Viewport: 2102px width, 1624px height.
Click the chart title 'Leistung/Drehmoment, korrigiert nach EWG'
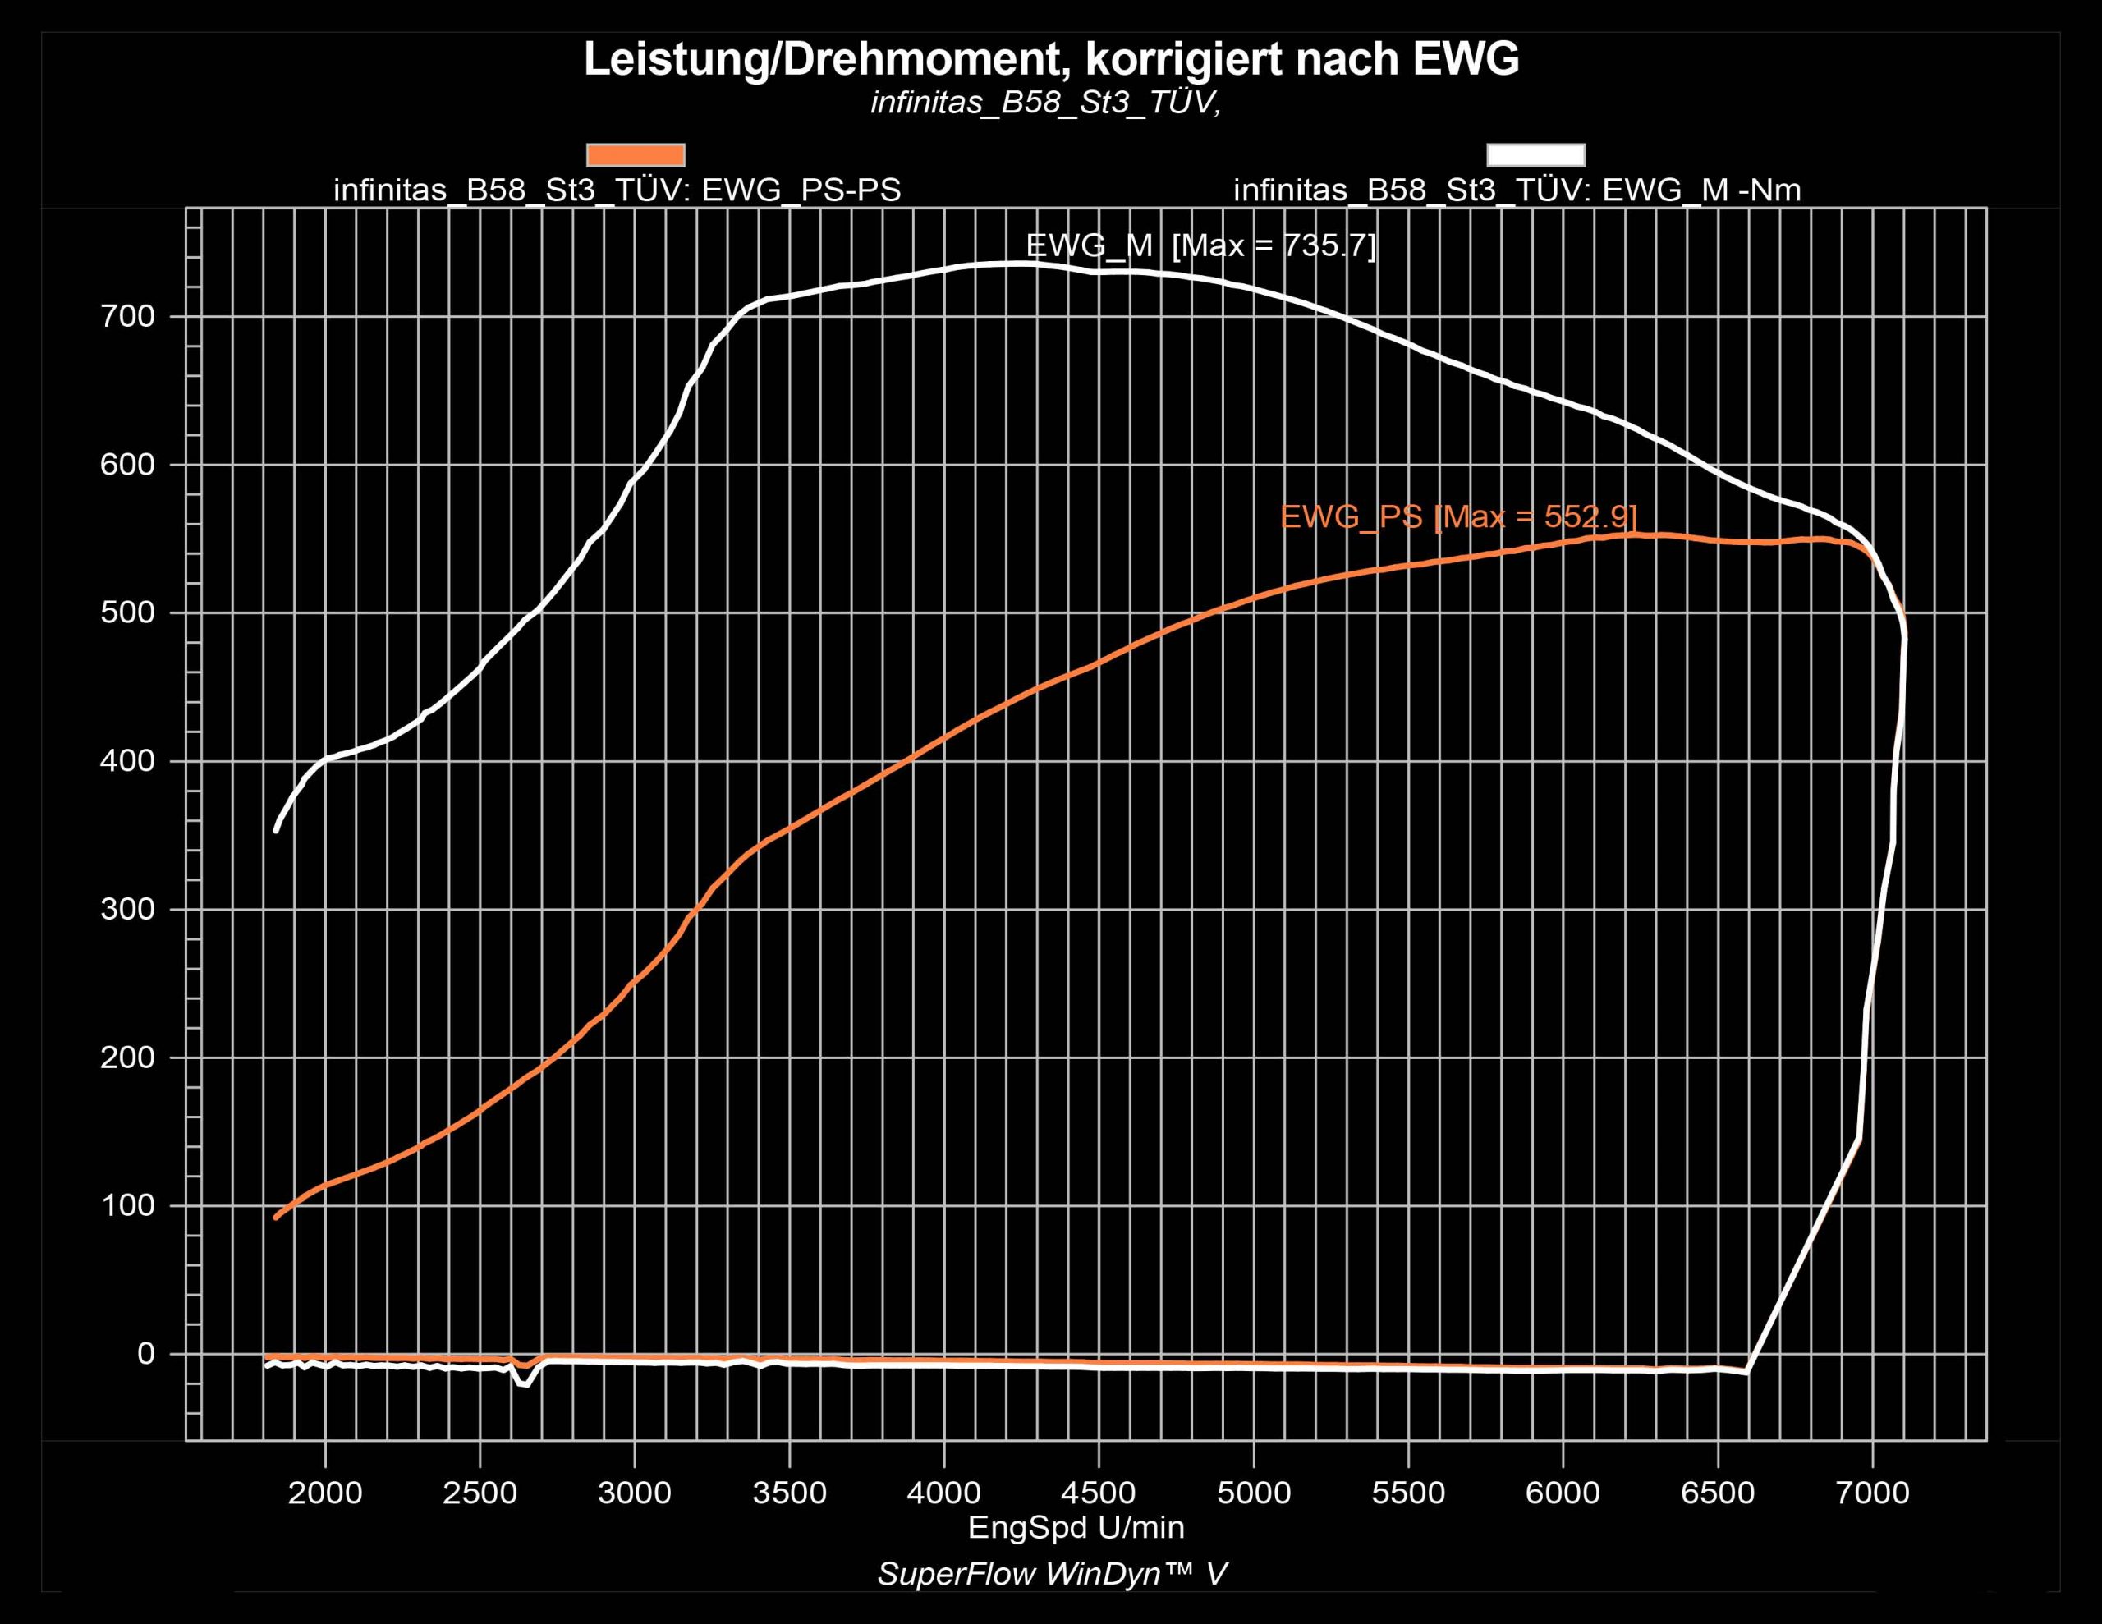pos(1051,60)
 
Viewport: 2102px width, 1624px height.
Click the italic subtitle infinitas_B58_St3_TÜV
pos(1045,103)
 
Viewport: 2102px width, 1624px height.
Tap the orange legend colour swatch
pos(636,155)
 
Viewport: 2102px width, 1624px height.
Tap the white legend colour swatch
pos(1535,155)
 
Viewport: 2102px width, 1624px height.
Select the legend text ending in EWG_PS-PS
pos(617,190)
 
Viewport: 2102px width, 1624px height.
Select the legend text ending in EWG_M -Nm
pos(1517,190)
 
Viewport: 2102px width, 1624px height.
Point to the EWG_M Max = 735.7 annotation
pos(1200,245)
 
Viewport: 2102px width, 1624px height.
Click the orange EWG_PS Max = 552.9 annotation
pos(1458,517)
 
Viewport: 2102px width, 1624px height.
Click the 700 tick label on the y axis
pos(127,317)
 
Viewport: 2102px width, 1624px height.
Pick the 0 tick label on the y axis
pos(145,1354)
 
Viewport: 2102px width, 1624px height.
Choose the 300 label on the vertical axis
pos(127,909)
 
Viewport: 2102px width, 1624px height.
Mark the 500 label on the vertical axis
pos(127,612)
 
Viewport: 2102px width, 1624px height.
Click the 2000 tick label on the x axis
pos(325,1493)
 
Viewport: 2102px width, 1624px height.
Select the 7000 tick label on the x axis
pos(1872,1493)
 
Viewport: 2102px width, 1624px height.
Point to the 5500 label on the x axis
pos(1407,1493)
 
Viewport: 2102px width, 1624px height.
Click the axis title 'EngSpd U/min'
pos(1076,1527)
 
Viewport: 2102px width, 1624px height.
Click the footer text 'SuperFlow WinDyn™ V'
pos(1052,1574)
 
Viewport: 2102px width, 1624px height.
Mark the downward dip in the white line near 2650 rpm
pos(522,1383)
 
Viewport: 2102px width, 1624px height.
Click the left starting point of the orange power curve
pos(276,1218)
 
